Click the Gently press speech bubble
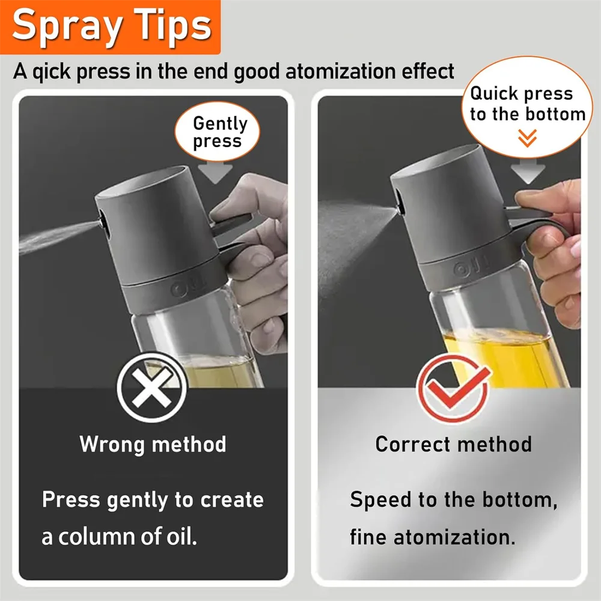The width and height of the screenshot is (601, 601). click(220, 133)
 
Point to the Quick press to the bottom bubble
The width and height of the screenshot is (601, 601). click(527, 106)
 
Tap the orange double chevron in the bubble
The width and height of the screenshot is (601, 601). click(527, 139)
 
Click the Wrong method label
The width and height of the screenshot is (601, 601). click(153, 445)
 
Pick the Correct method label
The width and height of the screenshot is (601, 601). click(453, 445)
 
